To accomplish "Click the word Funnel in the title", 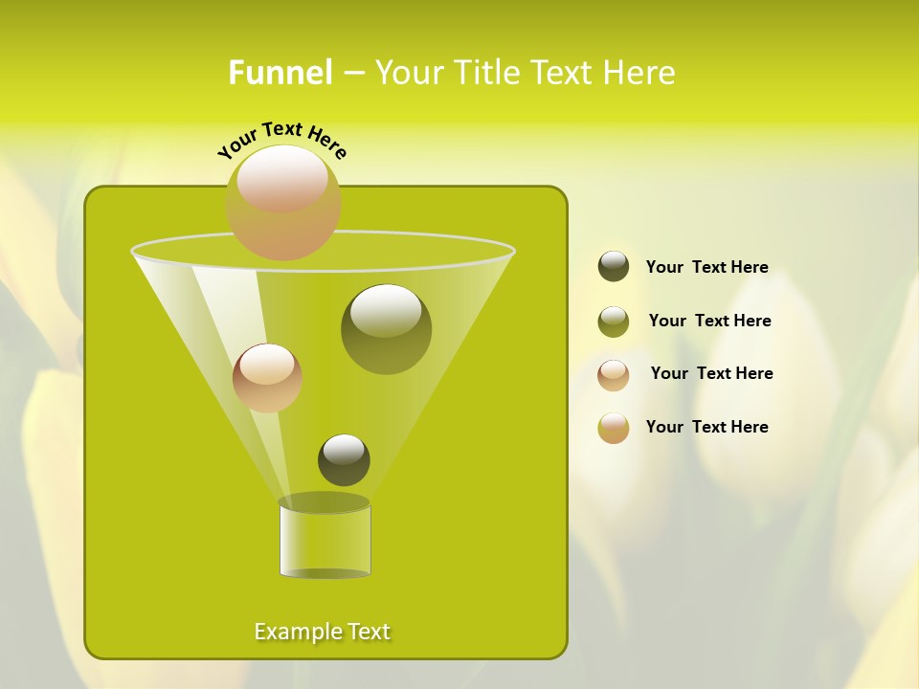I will pyautogui.click(x=280, y=73).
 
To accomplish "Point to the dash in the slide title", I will pyautogui.click(x=353, y=73).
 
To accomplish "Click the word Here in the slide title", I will pyautogui.click(x=638, y=73).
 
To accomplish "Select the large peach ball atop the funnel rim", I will pyautogui.click(x=282, y=202).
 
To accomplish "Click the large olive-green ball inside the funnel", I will pyautogui.click(x=386, y=328).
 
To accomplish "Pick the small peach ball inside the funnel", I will pyautogui.click(x=267, y=377).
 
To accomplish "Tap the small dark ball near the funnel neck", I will pyautogui.click(x=344, y=459).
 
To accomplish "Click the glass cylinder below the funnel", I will pyautogui.click(x=325, y=540).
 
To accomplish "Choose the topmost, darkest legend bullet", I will pyautogui.click(x=614, y=266).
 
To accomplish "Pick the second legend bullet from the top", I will pyautogui.click(x=614, y=322).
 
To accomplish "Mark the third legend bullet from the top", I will pyautogui.click(x=614, y=375).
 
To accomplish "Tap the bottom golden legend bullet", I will pyautogui.click(x=614, y=428).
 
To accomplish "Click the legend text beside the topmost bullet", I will pyautogui.click(x=706, y=267).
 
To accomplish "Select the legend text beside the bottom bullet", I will pyautogui.click(x=706, y=427).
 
